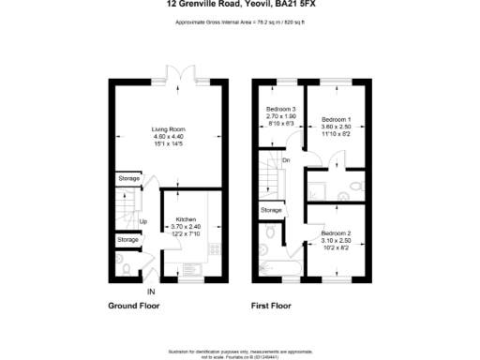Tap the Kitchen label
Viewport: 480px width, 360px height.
[186, 218]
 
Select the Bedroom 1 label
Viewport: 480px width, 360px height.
[337, 120]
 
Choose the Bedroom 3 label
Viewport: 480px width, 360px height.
[281, 110]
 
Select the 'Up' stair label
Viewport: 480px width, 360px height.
[143, 221]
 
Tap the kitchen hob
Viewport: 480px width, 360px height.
[213, 250]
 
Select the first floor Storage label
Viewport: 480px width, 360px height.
[271, 209]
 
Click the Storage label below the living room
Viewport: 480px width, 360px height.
[128, 178]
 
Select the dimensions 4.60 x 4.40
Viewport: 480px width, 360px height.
[171, 138]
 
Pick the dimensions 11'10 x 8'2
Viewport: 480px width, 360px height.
[337, 135]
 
